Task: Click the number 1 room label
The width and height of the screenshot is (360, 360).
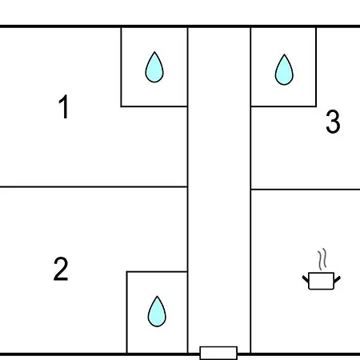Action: [64, 106]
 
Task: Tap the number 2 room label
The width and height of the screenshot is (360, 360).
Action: [61, 269]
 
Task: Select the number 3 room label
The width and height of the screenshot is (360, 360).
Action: [333, 122]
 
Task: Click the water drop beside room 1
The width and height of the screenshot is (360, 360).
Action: [154, 67]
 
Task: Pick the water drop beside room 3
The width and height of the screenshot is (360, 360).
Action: [284, 70]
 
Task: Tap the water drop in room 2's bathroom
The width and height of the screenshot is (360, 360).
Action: [157, 311]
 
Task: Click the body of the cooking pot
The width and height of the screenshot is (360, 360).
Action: [321, 281]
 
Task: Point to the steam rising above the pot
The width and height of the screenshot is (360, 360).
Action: [322, 259]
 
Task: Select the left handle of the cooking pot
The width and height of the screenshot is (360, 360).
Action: [306, 279]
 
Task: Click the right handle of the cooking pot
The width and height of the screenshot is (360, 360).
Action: [337, 280]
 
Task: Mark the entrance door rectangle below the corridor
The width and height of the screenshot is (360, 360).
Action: [218, 353]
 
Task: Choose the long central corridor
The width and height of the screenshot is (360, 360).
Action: [219, 190]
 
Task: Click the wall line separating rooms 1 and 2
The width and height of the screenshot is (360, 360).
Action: [94, 187]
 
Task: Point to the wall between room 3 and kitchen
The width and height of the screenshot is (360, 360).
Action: [306, 190]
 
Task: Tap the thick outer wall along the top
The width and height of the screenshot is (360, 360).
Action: [180, 26]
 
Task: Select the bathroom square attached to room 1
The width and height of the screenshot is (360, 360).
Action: [154, 67]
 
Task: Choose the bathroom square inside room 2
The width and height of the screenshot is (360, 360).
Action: [157, 312]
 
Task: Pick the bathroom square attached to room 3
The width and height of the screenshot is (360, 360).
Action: [283, 67]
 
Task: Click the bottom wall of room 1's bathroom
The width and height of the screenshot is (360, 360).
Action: [154, 106]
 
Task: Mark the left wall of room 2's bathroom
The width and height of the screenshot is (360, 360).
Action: [127, 312]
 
